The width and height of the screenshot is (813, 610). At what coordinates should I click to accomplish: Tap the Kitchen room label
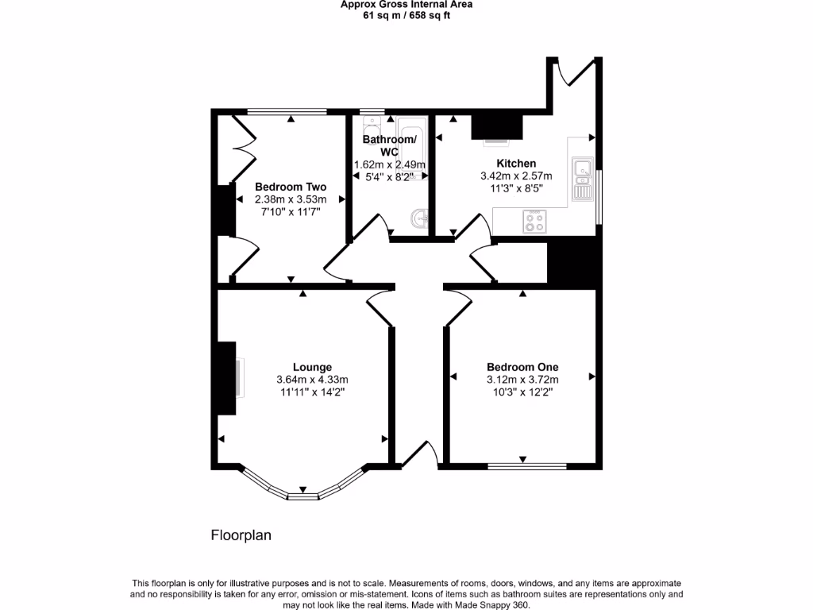click(x=516, y=164)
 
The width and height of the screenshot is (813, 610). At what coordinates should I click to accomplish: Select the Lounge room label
click(x=312, y=367)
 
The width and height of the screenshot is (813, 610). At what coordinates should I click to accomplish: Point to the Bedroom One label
click(x=522, y=367)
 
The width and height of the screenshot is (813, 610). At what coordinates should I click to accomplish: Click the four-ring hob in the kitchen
click(x=534, y=222)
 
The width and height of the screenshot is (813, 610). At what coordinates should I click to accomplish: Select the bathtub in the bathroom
click(x=412, y=143)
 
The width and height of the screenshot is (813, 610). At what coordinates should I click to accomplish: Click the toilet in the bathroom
click(x=371, y=131)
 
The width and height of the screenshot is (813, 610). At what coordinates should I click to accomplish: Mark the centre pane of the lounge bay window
click(x=302, y=496)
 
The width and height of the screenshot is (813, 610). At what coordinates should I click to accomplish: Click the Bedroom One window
click(x=526, y=466)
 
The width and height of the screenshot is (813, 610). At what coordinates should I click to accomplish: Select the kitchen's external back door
click(x=572, y=71)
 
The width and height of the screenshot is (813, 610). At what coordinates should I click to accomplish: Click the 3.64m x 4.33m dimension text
click(x=312, y=380)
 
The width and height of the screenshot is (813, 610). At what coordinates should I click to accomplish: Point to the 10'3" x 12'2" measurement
click(x=522, y=392)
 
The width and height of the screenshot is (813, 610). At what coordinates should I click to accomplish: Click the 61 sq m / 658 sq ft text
click(x=406, y=14)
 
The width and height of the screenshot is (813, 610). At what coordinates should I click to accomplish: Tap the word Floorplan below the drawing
click(x=241, y=535)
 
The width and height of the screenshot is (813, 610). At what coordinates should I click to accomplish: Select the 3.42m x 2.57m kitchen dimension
click(x=516, y=176)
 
